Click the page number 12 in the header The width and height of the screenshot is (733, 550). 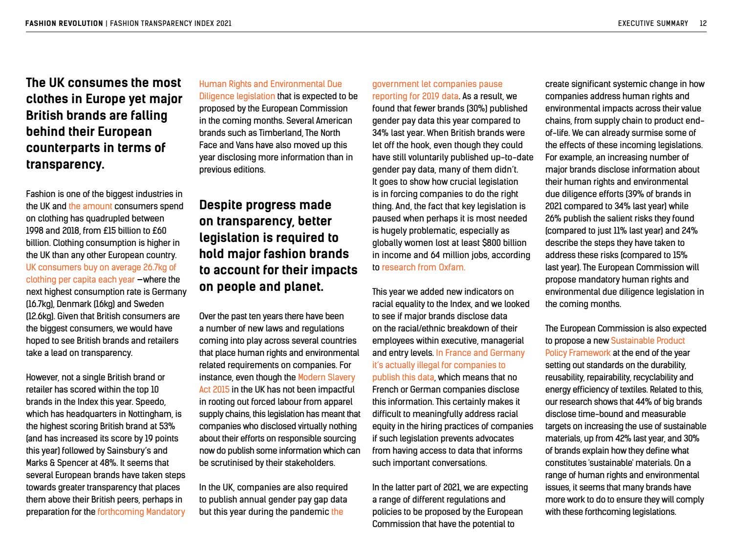[703, 23]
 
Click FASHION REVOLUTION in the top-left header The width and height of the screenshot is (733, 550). [64, 23]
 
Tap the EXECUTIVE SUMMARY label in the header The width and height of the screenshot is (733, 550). [653, 23]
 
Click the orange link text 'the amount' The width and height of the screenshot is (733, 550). [90, 206]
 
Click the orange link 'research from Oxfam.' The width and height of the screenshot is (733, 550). [423, 267]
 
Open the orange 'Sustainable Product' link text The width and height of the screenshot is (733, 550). [648, 341]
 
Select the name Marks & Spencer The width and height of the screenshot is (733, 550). [54, 463]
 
